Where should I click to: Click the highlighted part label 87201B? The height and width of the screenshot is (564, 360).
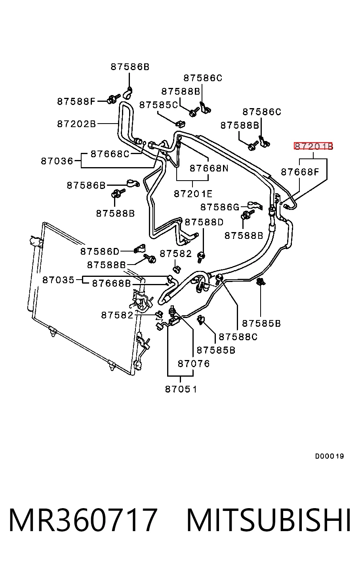click(313, 146)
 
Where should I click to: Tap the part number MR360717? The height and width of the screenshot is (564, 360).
click(83, 520)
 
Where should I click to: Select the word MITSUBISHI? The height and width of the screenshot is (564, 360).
click(269, 520)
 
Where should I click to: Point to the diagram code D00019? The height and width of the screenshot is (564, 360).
click(329, 456)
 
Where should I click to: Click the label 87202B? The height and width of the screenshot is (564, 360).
click(76, 124)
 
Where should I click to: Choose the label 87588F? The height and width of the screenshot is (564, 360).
click(76, 101)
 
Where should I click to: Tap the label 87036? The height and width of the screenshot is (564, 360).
click(57, 161)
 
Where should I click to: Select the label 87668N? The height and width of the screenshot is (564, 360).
click(209, 168)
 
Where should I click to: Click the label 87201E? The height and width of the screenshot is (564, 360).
click(193, 194)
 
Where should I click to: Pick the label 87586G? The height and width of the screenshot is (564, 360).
click(220, 207)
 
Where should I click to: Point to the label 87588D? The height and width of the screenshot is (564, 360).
click(204, 222)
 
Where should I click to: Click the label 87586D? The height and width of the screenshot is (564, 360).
click(100, 251)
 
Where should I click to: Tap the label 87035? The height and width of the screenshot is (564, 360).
click(58, 280)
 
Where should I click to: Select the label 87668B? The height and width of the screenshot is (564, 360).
click(112, 284)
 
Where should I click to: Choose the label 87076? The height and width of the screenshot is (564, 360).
click(194, 364)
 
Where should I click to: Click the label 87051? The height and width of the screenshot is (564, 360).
click(181, 389)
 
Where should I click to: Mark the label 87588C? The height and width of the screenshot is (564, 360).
click(238, 337)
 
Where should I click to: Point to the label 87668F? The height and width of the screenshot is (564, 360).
click(300, 172)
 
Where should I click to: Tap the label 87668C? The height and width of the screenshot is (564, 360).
click(110, 154)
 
